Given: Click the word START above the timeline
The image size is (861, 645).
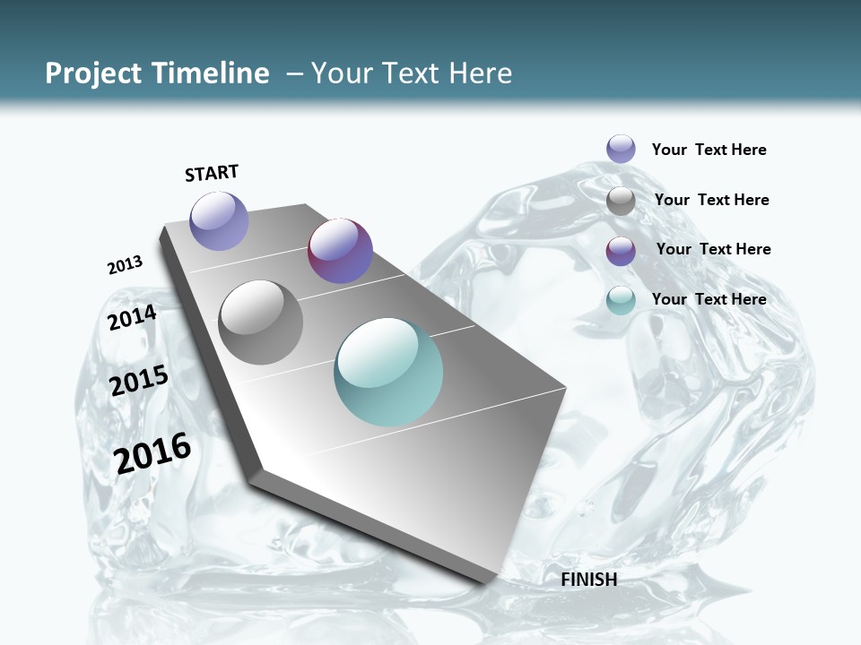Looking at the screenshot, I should pyautogui.click(x=212, y=173).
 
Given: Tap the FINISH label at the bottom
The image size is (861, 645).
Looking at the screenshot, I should pyautogui.click(x=588, y=580).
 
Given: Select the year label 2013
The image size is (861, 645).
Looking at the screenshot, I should pyautogui.click(x=125, y=265).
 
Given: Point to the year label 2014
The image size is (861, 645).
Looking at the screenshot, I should pyautogui.click(x=132, y=318).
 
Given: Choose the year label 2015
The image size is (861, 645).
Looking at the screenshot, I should pyautogui.click(x=138, y=381).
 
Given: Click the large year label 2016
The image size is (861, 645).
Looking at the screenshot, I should pyautogui.click(x=152, y=453).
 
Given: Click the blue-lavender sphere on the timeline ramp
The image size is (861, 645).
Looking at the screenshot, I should pyautogui.click(x=219, y=220).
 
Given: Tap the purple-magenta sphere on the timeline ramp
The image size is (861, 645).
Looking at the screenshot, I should pyautogui.click(x=340, y=251).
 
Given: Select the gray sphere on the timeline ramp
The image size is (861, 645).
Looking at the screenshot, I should pyautogui.click(x=261, y=322).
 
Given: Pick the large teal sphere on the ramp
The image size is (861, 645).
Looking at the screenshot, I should pyautogui.click(x=388, y=372).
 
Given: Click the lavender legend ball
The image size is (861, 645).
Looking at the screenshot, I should pyautogui.click(x=621, y=149).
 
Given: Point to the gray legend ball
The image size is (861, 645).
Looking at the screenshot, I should pyautogui.click(x=621, y=201).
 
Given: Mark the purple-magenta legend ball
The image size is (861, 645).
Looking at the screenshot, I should pyautogui.click(x=621, y=251).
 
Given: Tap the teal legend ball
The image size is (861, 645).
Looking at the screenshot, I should pyautogui.click(x=621, y=300).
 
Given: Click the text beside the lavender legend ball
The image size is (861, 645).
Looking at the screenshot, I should pyautogui.click(x=709, y=150).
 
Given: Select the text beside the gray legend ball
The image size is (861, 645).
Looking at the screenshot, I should pyautogui.click(x=711, y=200).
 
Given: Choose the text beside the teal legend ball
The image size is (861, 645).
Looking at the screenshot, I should pyautogui.click(x=709, y=299).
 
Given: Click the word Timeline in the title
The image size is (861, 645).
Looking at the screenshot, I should pyautogui.click(x=212, y=73).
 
